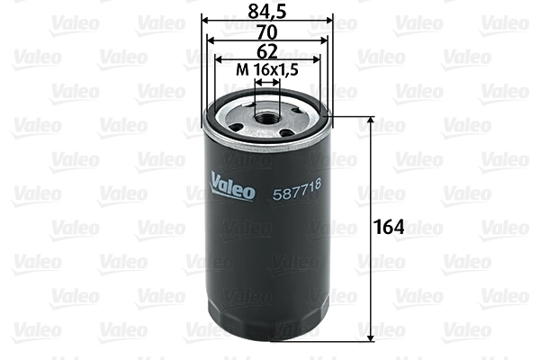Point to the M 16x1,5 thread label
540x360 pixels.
[x=266, y=69]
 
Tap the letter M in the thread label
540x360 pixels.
[x=241, y=69]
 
